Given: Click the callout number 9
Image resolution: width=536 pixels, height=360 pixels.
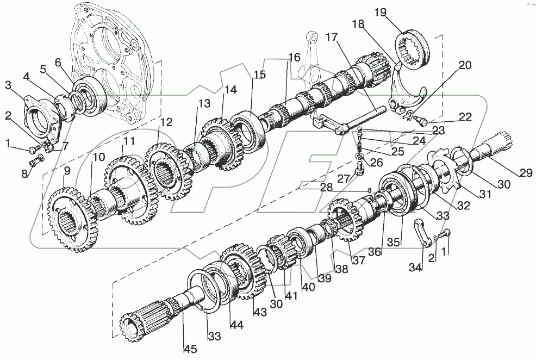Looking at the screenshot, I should pos(67,171).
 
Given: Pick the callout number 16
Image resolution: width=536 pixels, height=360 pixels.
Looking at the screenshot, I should pos(294,57).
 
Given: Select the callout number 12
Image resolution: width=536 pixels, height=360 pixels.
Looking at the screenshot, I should pos(165,122).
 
